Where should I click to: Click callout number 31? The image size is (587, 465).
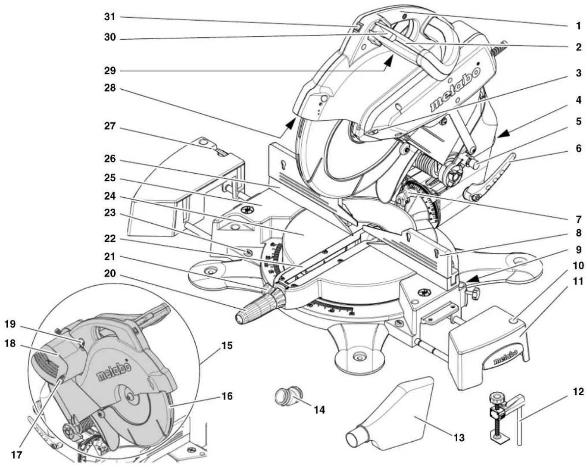click(x=110, y=17)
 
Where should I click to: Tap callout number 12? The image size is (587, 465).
click(x=578, y=392)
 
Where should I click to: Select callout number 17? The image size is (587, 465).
click(x=16, y=455)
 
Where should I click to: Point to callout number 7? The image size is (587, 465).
click(x=578, y=219)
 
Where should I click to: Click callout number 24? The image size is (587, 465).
click(x=110, y=197)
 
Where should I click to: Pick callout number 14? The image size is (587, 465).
click(x=319, y=410)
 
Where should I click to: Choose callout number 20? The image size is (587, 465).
click(x=110, y=273)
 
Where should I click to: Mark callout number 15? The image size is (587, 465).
click(x=227, y=346)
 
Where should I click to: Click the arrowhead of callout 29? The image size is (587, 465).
click(x=388, y=60)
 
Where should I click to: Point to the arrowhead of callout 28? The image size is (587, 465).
click(x=290, y=123)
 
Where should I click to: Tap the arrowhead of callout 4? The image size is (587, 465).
click(x=503, y=134)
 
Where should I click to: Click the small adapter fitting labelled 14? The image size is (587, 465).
click(x=288, y=397)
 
